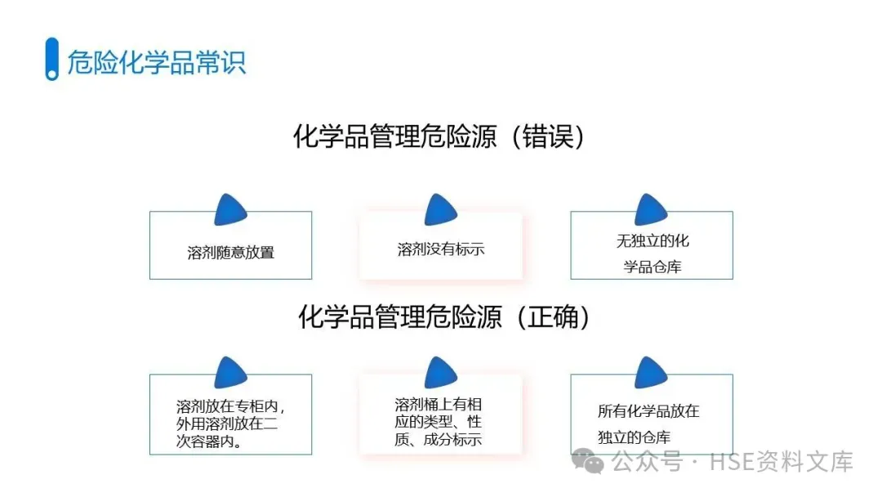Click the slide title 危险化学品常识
click(157, 62)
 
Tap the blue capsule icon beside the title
click(52, 59)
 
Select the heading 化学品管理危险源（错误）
click(440, 137)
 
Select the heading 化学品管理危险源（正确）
click(444, 316)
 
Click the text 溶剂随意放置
click(230, 253)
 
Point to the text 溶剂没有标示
click(441, 248)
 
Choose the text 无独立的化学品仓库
click(653, 253)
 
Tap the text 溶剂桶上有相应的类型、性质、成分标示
click(439, 422)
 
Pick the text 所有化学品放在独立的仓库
click(649, 423)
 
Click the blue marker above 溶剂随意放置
click(230, 210)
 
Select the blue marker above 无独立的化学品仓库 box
click(651, 210)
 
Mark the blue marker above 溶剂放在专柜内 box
click(230, 373)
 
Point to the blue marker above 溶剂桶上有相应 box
click(440, 373)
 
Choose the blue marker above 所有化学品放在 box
click(651, 373)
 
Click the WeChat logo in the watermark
click(589, 462)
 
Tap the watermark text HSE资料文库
click(782, 462)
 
